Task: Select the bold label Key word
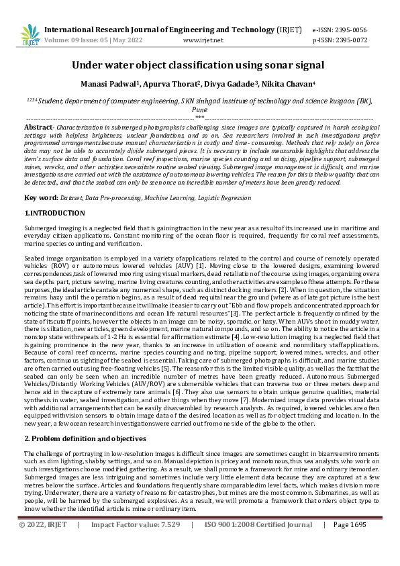40,198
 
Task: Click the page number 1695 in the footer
358,543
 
